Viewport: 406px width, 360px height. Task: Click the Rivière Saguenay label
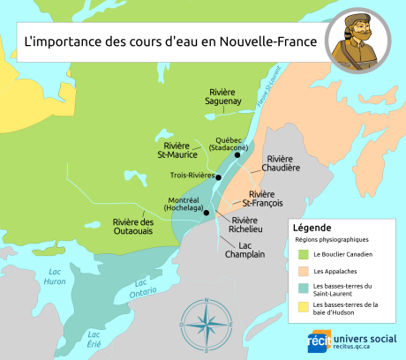(225, 97)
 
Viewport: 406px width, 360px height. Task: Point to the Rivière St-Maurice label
(177, 150)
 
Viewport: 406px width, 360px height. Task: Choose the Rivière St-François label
(263, 199)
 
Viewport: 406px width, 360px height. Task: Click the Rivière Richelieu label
(244, 225)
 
